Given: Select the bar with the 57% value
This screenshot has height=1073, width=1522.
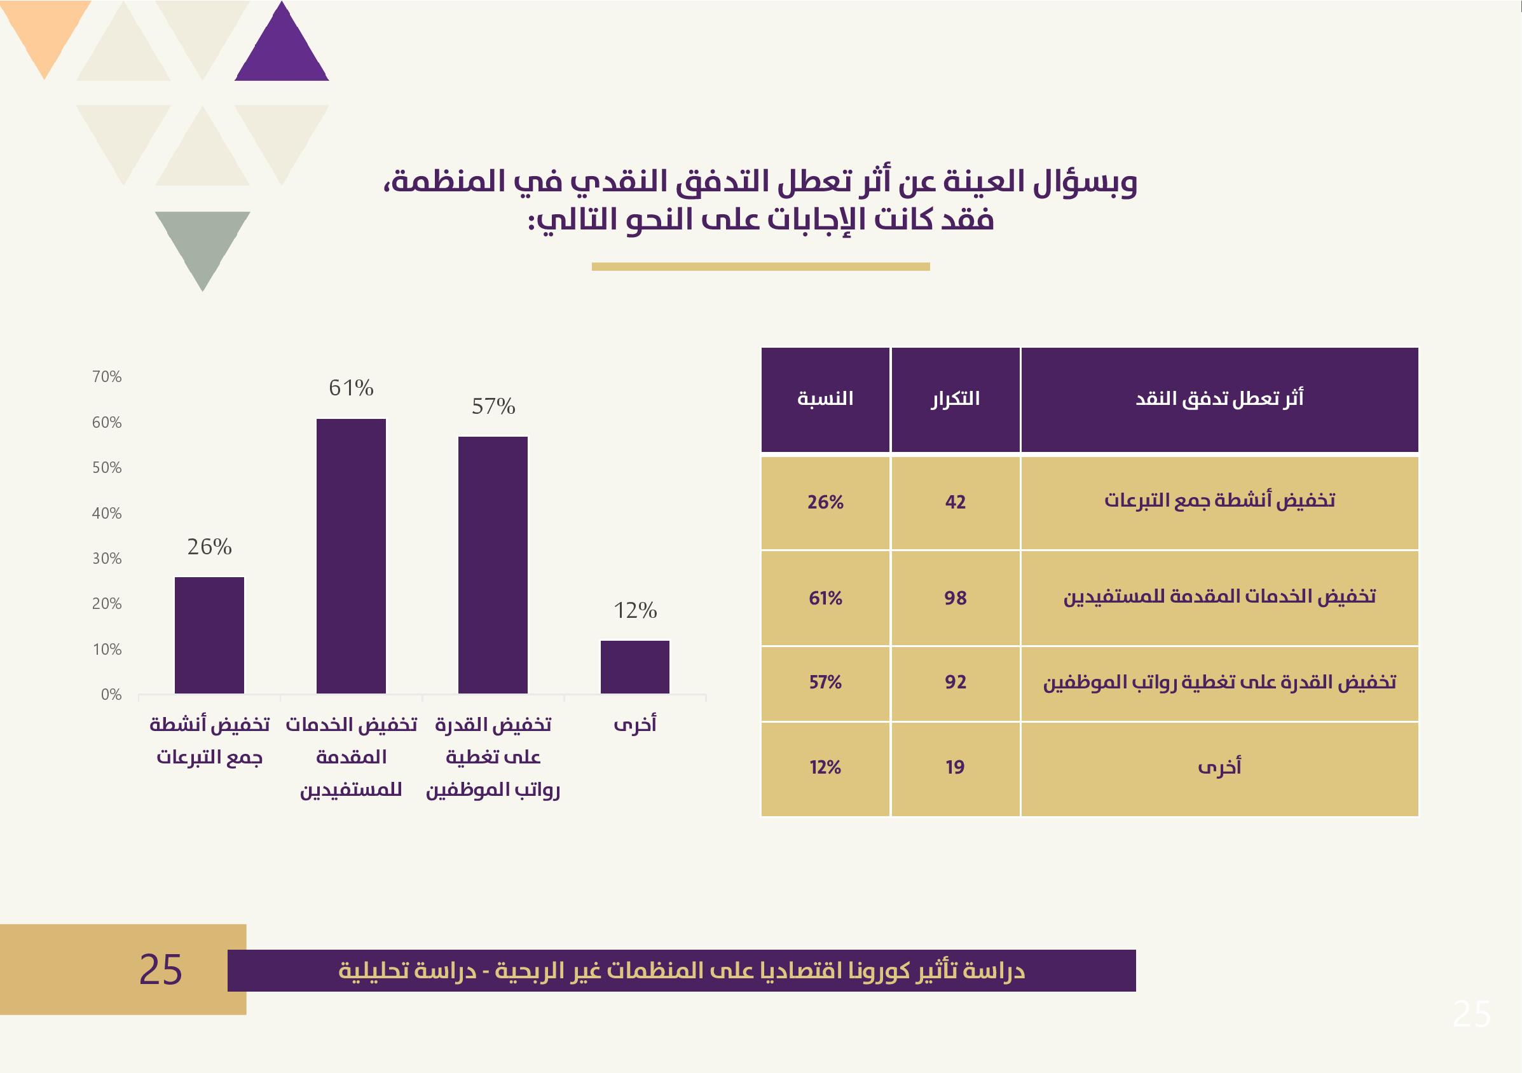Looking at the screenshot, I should click(x=493, y=564).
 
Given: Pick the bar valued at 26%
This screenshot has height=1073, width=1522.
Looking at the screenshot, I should click(x=209, y=635).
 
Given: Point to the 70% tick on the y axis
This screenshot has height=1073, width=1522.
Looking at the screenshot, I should click(x=107, y=377).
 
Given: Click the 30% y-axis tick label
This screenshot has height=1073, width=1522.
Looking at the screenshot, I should click(x=107, y=559).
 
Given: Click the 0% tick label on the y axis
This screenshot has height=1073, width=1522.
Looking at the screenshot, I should click(x=111, y=695).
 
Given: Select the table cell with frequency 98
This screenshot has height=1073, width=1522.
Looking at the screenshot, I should click(x=956, y=598).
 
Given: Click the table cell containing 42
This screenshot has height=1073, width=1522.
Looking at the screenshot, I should click(x=956, y=502).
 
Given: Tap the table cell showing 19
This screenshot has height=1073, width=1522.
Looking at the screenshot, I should click(x=956, y=767).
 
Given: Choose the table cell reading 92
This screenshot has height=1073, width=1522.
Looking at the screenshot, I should click(x=956, y=682).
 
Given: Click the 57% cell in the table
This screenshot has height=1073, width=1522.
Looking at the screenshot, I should click(x=825, y=682).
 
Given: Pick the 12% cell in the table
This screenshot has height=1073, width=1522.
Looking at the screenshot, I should click(x=825, y=767).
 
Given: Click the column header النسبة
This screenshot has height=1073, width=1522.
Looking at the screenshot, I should click(x=825, y=399).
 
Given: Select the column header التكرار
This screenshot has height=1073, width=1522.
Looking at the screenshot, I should click(x=956, y=399).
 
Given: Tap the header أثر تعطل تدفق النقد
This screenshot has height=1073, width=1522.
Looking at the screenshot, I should click(x=1219, y=399).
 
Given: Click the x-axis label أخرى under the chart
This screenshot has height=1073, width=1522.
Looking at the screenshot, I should click(x=635, y=725).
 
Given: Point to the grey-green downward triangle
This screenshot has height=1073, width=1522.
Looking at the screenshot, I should click(x=202, y=242).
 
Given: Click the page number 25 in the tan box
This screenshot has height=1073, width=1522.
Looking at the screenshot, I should click(x=160, y=970).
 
